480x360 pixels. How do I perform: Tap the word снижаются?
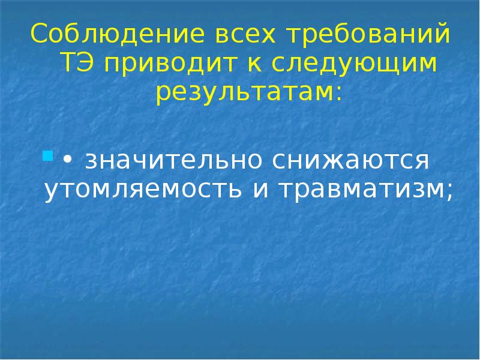(350, 160)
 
